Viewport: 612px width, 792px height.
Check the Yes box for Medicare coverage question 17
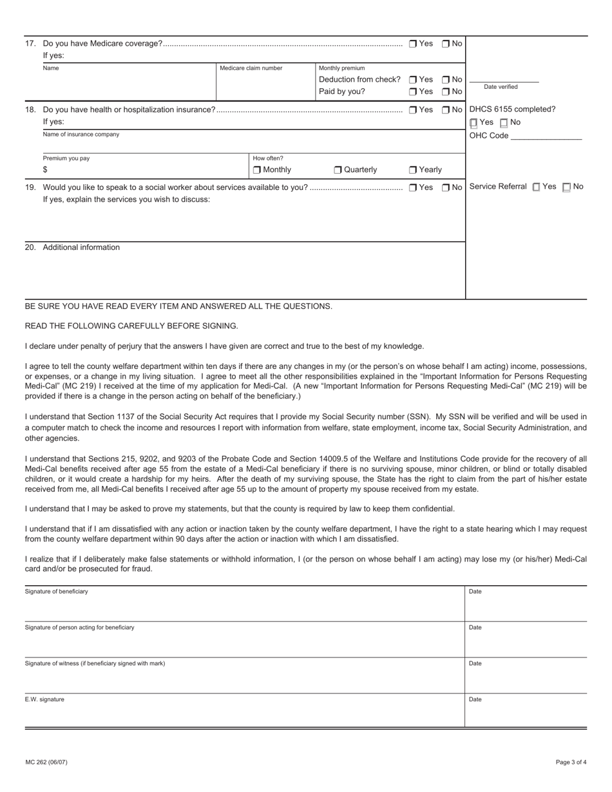tap(413, 44)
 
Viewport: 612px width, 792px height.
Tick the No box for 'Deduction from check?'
tap(445, 80)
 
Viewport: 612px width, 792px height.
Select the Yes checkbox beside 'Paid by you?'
tap(413, 92)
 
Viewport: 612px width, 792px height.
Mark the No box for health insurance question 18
tap(445, 110)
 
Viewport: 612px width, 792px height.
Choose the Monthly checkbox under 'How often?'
tap(257, 170)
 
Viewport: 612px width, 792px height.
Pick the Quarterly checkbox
tap(338, 170)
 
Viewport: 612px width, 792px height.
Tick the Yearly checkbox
tap(413, 170)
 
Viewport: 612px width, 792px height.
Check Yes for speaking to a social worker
tap(413, 188)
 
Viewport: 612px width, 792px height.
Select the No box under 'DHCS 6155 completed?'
tap(504, 123)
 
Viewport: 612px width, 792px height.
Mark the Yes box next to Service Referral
tap(537, 187)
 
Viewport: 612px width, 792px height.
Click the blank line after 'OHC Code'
tap(546, 136)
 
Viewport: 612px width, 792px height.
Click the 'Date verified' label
tap(501, 87)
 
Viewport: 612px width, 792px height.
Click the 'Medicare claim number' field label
tap(251, 68)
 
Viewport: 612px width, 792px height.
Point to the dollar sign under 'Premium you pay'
tap(45, 170)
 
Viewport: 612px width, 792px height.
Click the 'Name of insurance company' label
tap(81, 135)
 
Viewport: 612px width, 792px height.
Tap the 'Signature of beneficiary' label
tap(56, 591)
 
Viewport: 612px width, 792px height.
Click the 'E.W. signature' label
tap(44, 699)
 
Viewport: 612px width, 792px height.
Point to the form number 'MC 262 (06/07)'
tap(46, 762)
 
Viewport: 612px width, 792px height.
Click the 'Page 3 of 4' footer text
tap(571, 762)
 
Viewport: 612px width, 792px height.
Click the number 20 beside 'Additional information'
tap(30, 247)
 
